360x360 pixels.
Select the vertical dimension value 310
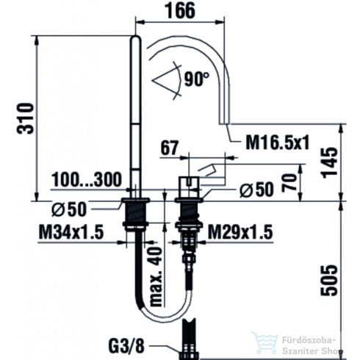26,118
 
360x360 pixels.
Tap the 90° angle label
196,76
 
